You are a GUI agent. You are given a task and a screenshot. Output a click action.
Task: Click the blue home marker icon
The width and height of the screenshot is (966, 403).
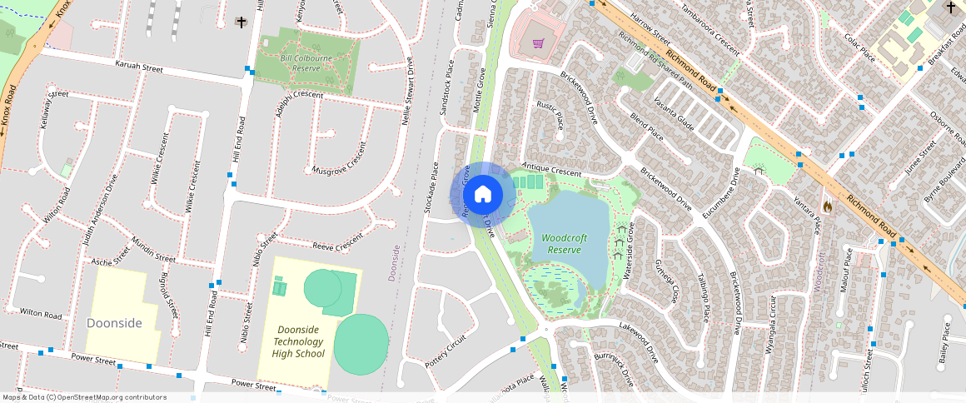coord(483,195)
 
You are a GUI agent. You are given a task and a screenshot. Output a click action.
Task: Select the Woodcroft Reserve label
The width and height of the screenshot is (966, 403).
coord(564,243)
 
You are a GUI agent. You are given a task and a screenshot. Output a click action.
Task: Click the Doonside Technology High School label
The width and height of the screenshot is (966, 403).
coord(298,341)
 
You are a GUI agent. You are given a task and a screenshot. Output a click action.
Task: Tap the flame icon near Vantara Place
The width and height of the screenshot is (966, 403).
coord(826,205)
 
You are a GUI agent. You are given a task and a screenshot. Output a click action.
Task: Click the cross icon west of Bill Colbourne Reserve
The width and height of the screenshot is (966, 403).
coord(242,22)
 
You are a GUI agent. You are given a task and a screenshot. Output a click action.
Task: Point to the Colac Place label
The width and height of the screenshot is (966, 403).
coord(859,47)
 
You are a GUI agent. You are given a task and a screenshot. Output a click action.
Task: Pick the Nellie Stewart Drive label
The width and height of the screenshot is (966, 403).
coord(408,90)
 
